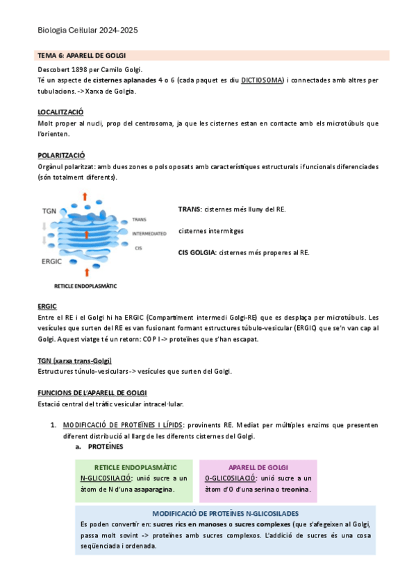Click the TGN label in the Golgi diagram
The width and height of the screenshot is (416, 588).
coord(49,210)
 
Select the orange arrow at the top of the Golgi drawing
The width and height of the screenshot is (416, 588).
coord(85,196)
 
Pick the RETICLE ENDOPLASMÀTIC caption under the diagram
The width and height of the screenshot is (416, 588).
coord(85,286)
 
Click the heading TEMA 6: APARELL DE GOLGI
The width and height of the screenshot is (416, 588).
coord(82,55)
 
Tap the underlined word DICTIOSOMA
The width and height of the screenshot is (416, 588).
coord(262,80)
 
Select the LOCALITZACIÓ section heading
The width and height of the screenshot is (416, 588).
coord(60,112)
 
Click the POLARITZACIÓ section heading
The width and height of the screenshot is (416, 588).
coord(60,155)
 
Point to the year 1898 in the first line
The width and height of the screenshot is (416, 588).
coord(82,69)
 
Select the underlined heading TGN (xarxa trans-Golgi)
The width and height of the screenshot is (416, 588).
coord(74,361)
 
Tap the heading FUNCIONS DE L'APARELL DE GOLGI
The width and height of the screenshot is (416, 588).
coord(92,392)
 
